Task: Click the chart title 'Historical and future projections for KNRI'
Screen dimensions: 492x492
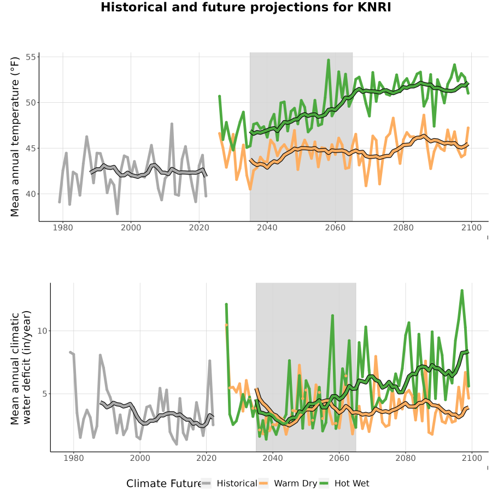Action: click(245, 7)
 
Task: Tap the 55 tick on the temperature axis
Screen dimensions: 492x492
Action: click(32, 57)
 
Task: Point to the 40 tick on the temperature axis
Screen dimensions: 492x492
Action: click(32, 194)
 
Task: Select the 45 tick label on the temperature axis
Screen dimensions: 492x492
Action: click(32, 148)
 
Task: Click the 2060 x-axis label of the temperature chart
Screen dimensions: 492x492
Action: click(335, 227)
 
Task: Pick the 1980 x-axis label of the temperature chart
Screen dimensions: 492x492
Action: click(63, 227)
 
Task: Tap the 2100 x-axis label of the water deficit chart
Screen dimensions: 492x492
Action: click(472, 458)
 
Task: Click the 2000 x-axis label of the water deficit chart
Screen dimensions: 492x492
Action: click(140, 458)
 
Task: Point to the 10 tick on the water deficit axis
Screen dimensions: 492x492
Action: click(42, 331)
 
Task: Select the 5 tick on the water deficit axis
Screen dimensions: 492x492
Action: click(44, 394)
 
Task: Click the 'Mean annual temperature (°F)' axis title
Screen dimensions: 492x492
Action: click(15, 137)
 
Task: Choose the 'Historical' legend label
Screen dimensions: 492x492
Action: click(237, 483)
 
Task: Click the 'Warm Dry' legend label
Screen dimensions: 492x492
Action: click(296, 484)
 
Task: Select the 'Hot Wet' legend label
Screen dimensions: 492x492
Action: click(352, 483)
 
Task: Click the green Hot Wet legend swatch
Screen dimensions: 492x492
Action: click(324, 483)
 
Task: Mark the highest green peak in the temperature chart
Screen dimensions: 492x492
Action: click(329, 60)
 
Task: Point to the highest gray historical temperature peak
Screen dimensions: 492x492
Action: click(172, 124)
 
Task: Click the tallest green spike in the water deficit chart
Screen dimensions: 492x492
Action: click(462, 291)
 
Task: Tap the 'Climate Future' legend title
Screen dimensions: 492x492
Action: click(164, 483)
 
